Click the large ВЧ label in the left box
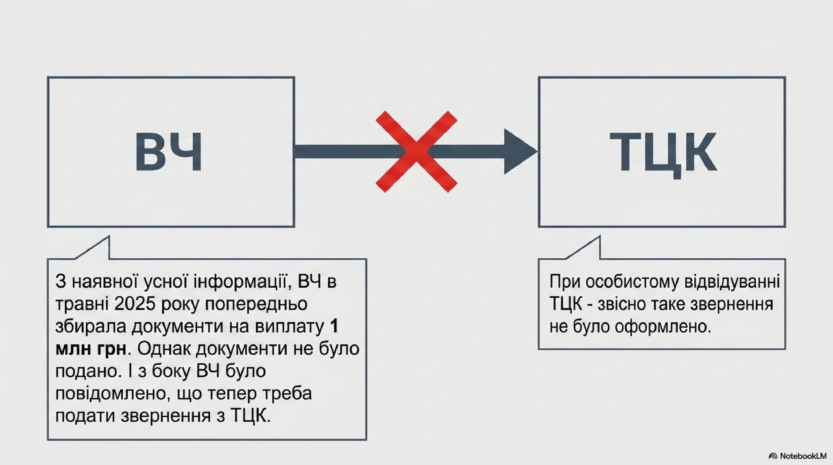click(168, 151)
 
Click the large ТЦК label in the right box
click(663, 152)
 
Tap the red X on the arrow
click(416, 151)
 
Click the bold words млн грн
click(90, 349)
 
